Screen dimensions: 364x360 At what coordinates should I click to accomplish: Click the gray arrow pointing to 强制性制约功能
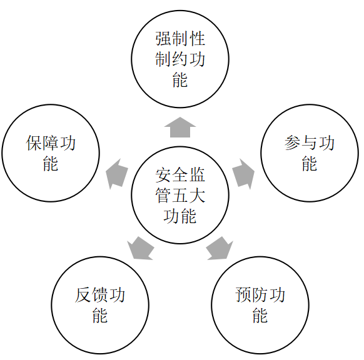click(180, 127)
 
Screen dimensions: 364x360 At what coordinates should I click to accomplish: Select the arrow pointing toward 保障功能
click(117, 174)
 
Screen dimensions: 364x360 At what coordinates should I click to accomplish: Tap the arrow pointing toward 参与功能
click(243, 174)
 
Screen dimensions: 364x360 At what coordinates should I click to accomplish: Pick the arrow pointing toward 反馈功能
click(141, 248)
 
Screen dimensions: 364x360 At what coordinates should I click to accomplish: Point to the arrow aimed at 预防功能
click(220, 248)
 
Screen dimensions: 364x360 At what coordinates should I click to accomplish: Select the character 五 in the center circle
click(180, 195)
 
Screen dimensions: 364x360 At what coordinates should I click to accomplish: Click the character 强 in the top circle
click(163, 39)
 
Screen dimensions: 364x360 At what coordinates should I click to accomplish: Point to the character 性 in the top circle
click(197, 39)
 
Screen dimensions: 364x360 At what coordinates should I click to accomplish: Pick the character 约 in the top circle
click(180, 59)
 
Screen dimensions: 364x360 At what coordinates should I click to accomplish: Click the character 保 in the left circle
click(34, 143)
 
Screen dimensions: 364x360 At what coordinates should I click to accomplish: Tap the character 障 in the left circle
click(51, 143)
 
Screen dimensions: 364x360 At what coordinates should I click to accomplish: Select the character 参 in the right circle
click(293, 143)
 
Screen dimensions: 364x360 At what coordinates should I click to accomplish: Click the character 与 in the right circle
click(310, 143)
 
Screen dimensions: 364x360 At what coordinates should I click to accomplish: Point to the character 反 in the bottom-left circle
click(83, 295)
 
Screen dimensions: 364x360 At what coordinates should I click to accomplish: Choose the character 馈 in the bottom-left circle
click(100, 295)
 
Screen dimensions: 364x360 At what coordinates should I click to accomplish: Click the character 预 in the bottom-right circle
click(243, 295)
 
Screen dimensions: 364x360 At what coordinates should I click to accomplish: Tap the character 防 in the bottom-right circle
click(260, 295)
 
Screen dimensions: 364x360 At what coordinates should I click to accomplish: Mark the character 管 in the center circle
click(163, 195)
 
